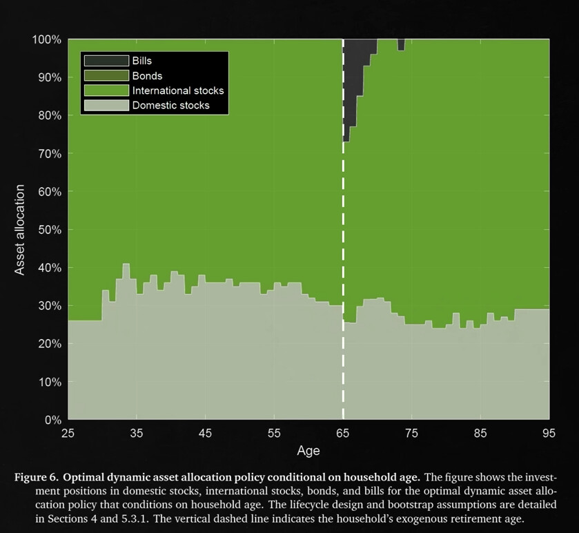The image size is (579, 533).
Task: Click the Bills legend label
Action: pyautogui.click(x=142, y=61)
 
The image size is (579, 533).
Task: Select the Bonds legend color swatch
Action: pyautogui.click(x=106, y=76)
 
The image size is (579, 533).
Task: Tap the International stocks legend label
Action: pyautogui.click(x=178, y=90)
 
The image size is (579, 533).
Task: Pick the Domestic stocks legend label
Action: pyautogui.click(x=170, y=106)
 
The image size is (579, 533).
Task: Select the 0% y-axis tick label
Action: pyautogui.click(x=52, y=420)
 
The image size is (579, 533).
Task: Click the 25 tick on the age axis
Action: pyautogui.click(x=68, y=434)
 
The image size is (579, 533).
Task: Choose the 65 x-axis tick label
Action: pyautogui.click(x=343, y=434)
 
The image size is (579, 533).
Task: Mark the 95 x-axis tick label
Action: pyautogui.click(x=549, y=434)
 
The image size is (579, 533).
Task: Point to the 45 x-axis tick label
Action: pyautogui.click(x=205, y=434)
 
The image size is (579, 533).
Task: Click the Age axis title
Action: pyautogui.click(x=308, y=451)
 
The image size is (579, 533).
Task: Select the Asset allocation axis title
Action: pyautogui.click(x=20, y=229)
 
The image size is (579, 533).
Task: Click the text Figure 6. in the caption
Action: pyautogui.click(x=40, y=477)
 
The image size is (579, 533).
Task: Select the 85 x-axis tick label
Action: pyautogui.click(x=480, y=434)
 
